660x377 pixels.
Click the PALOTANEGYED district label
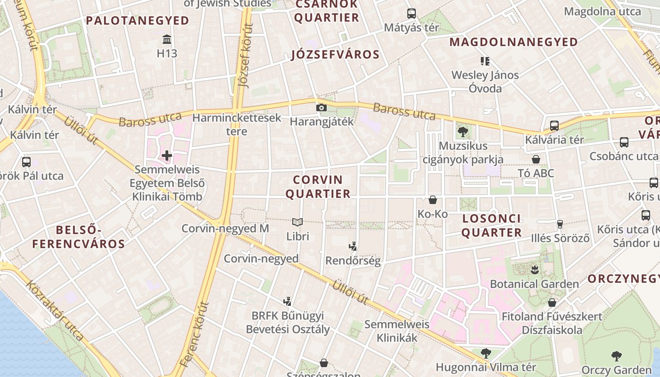[x=138, y=21]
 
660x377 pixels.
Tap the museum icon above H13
[x=167, y=39]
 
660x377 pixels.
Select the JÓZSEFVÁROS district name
[x=335, y=55]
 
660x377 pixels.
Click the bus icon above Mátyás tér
[x=412, y=13]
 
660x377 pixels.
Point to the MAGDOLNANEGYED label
[x=513, y=42]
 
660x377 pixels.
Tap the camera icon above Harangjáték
[x=322, y=108]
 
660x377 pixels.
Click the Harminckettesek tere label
[x=237, y=124]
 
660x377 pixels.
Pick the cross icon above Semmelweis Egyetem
[x=167, y=155]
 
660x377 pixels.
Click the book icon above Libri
[x=297, y=222]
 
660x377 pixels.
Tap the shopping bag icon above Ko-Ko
[x=432, y=200]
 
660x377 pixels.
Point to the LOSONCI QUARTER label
[x=492, y=225]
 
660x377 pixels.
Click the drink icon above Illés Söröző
[x=560, y=224]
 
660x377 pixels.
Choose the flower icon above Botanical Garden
[x=535, y=270]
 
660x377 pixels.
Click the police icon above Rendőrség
[x=353, y=246]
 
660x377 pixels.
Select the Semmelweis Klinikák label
[x=397, y=331]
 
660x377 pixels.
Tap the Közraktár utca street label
[x=56, y=311]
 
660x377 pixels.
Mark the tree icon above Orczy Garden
[x=616, y=356]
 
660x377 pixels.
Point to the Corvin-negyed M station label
[x=225, y=229]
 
